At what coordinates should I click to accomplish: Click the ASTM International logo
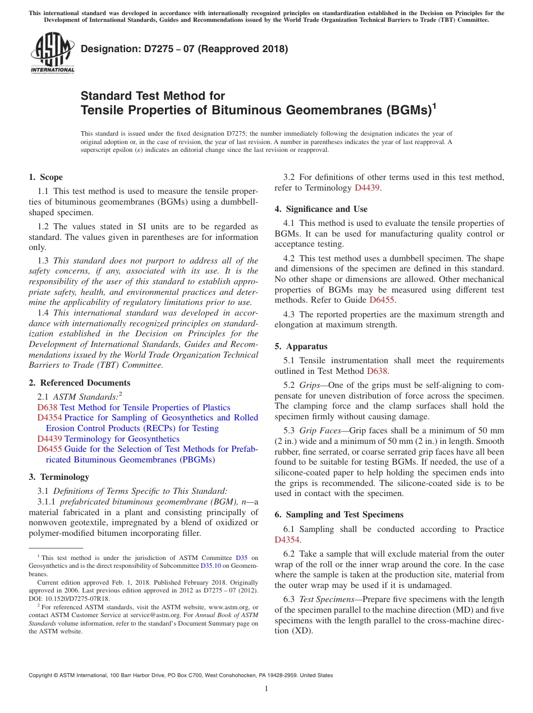[52, 53]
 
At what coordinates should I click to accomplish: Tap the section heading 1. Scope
[45, 177]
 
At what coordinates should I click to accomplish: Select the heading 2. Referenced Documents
[80, 383]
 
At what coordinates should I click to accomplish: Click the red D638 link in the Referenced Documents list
[47, 408]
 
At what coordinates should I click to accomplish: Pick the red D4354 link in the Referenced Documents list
[50, 418]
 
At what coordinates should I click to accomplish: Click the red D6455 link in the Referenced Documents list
[50, 449]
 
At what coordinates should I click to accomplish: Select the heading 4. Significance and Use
[321, 209]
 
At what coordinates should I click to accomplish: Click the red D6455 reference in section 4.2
[382, 300]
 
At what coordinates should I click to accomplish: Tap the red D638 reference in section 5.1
[377, 371]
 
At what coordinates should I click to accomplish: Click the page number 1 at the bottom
[266, 688]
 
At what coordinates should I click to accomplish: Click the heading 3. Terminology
[59, 477]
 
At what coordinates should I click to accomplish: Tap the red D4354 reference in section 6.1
[287, 540]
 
